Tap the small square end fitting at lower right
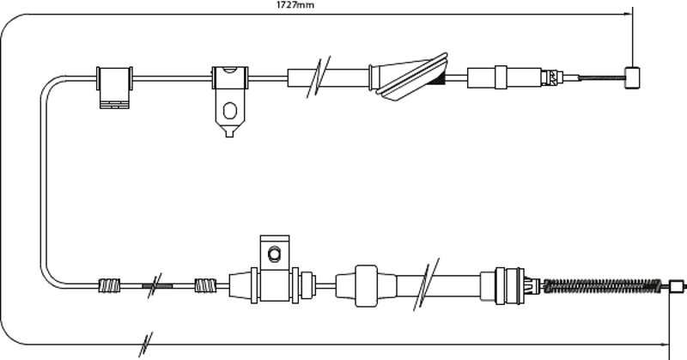click(x=677, y=285)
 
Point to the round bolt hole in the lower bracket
click(x=275, y=254)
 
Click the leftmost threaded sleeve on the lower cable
click(x=109, y=285)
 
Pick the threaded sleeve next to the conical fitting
click(x=205, y=285)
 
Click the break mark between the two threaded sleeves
click(x=155, y=285)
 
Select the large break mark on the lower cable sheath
click(x=427, y=284)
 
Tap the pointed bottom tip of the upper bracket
click(x=229, y=135)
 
